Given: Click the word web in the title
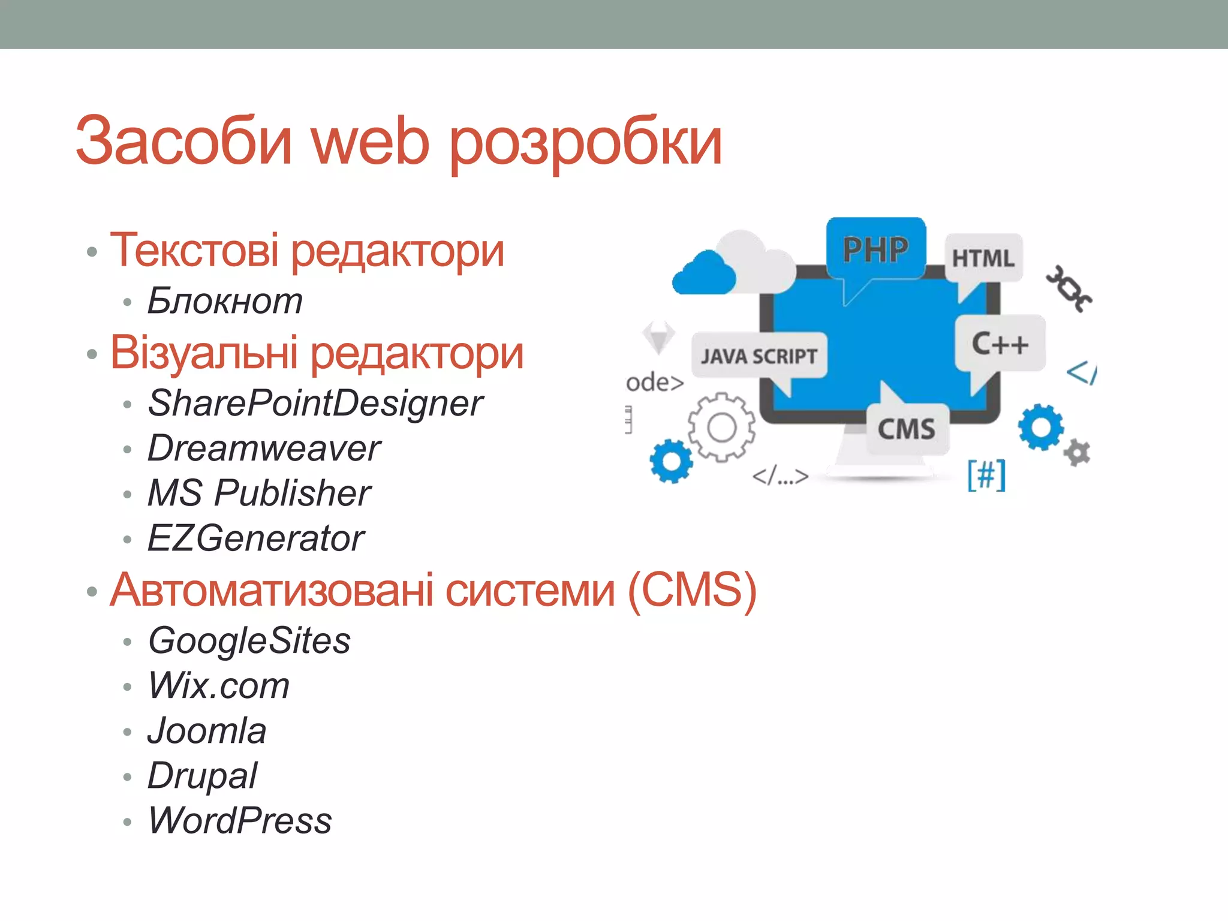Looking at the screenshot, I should [370, 142].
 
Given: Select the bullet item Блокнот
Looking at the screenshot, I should [225, 300].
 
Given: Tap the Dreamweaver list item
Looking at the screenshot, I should [264, 448].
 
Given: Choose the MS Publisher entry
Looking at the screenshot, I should [259, 493].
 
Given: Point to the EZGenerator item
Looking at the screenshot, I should [255, 538].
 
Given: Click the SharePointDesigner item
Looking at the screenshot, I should [315, 403].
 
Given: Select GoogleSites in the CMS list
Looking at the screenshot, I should [249, 640].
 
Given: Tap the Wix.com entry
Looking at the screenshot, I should [218, 685].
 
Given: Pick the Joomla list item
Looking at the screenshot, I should [207, 730].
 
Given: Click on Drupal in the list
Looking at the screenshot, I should [202, 775].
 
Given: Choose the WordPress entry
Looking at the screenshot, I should [240, 820].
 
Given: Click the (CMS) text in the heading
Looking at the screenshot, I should [692, 590].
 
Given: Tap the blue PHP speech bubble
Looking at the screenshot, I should [875, 249].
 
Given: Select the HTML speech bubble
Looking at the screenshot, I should [983, 258].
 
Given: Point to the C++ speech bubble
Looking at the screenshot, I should [1000, 344].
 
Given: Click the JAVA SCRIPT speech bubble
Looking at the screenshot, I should [759, 356].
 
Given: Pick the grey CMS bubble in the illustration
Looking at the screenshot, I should [907, 429].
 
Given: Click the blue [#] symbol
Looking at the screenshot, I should [986, 475].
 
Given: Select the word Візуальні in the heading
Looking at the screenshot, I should [204, 353].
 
